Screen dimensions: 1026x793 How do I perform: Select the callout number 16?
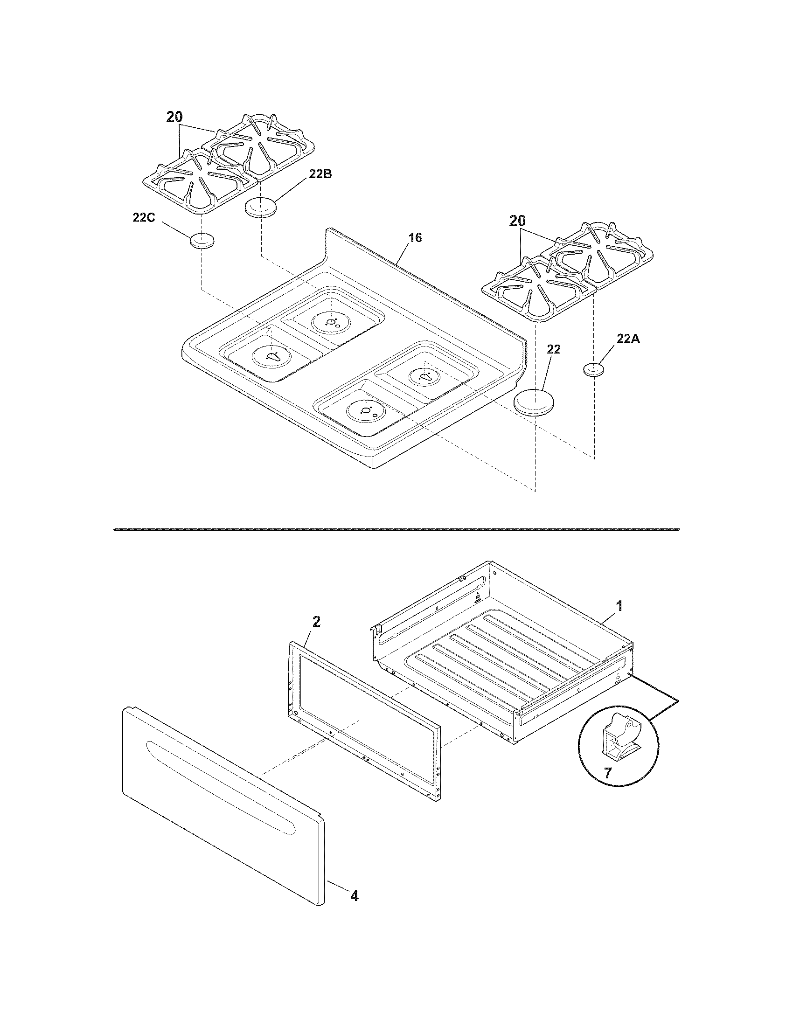click(415, 238)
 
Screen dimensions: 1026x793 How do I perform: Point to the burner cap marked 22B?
click(260, 208)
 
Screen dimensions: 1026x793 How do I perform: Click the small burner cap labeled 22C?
click(202, 241)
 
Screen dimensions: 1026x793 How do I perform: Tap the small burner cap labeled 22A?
click(594, 369)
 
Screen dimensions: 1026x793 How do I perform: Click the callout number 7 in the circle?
click(608, 773)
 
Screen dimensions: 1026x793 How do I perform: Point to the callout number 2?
click(316, 622)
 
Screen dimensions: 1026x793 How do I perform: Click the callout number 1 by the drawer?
click(619, 606)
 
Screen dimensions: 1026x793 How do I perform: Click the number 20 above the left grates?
click(174, 118)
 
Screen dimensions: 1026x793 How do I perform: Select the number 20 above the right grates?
click(517, 221)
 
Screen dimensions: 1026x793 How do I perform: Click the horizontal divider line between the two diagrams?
click(396, 529)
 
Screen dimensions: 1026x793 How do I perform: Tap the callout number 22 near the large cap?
click(554, 349)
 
